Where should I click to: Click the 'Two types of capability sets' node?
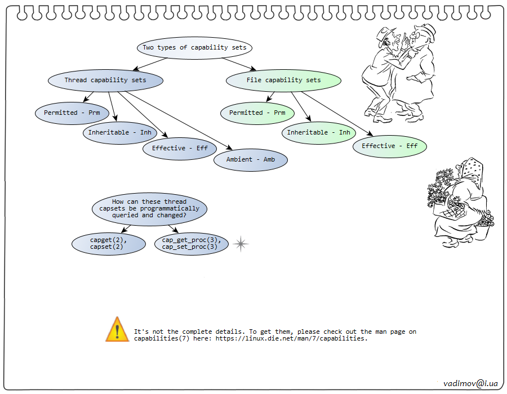[x=194, y=47]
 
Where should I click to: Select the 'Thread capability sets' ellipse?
[x=105, y=80]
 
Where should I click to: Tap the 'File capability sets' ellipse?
[x=283, y=80]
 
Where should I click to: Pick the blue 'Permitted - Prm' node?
[x=72, y=113]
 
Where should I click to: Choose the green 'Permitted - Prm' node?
[x=257, y=113]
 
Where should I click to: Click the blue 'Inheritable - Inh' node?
[x=119, y=133]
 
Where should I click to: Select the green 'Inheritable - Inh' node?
[x=318, y=133]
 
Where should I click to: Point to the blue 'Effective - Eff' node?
[x=180, y=149]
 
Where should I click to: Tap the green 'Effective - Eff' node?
[x=389, y=146]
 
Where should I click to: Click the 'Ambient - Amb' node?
[x=251, y=160]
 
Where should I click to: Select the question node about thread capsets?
[x=149, y=208]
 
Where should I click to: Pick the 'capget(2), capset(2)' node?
[x=109, y=243]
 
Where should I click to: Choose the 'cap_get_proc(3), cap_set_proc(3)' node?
[x=191, y=243]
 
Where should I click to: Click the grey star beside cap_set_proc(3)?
[x=241, y=244]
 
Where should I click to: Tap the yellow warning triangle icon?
[x=117, y=330]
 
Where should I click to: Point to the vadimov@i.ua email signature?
[x=470, y=383]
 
